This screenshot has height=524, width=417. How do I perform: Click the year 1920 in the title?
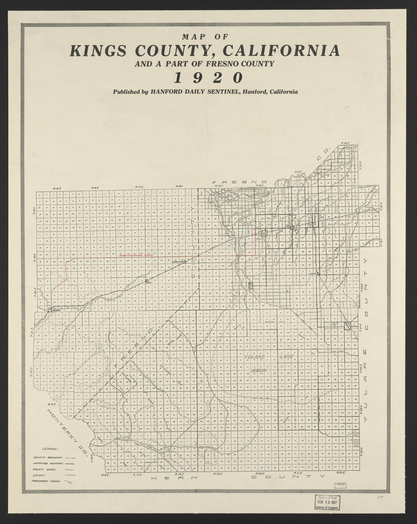coord(208,77)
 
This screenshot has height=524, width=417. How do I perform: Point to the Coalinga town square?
coord(50,310)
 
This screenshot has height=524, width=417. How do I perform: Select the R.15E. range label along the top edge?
coord(57,188)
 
